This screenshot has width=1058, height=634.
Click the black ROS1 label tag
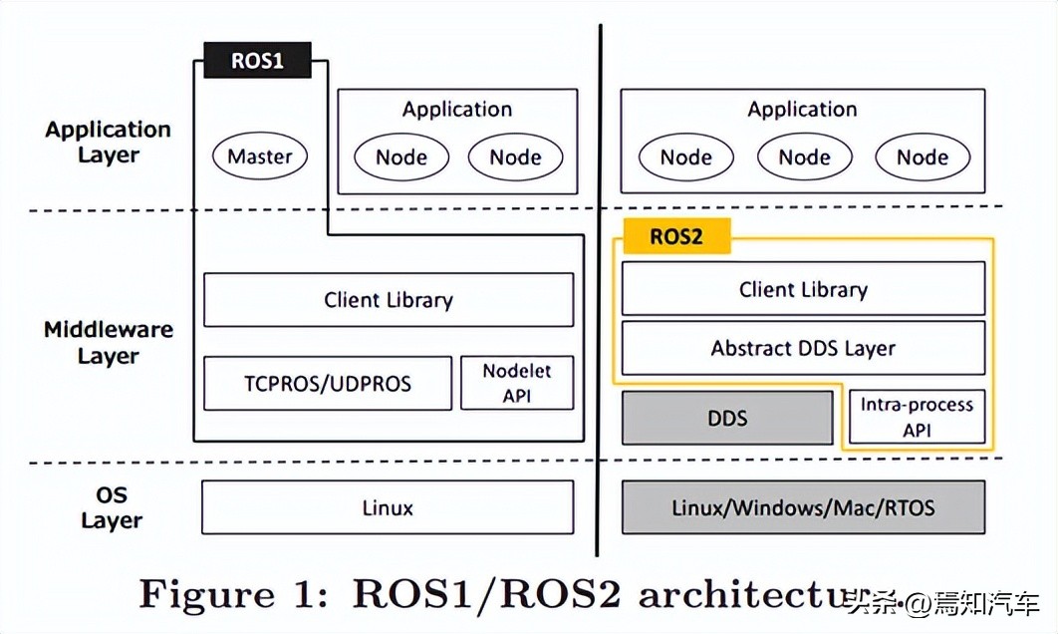[x=257, y=60]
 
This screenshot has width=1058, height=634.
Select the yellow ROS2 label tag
[x=676, y=236]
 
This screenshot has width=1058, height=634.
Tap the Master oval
[x=260, y=156]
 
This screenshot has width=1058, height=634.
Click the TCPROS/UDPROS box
[x=327, y=384]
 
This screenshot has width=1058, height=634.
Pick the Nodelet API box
[x=517, y=383]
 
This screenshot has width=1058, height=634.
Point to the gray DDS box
[x=727, y=418]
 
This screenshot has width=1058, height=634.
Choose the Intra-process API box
[x=917, y=417]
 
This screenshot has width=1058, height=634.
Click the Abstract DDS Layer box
[x=803, y=348]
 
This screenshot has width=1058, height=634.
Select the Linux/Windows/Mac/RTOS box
[x=803, y=507]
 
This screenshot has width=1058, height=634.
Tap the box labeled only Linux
[x=388, y=507]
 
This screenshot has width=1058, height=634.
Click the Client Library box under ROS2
[x=803, y=289]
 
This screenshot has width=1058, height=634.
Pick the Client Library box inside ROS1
[x=389, y=300]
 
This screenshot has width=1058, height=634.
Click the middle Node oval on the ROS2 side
[x=804, y=158]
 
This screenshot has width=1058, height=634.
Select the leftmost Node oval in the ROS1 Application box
[x=401, y=158]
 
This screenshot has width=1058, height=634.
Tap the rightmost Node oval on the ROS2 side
[x=923, y=158]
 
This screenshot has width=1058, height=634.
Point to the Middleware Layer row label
[x=109, y=342]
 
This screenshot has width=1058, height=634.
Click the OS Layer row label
[x=112, y=507]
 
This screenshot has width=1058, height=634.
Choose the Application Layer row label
[x=108, y=142]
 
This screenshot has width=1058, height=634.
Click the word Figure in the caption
[x=207, y=594]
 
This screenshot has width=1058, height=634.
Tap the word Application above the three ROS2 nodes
[x=802, y=110]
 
